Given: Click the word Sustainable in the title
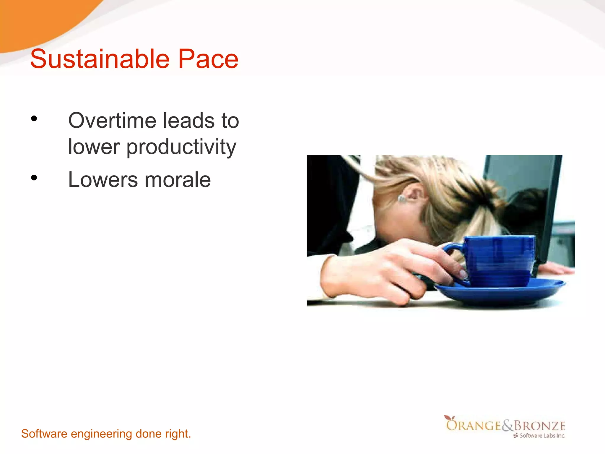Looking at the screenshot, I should (x=100, y=59).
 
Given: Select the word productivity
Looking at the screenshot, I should (x=181, y=147).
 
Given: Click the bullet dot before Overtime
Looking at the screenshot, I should (x=34, y=119).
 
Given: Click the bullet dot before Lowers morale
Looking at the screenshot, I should (x=34, y=178).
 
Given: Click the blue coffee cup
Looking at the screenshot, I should (x=502, y=260).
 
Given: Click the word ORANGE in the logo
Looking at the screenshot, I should (x=473, y=426).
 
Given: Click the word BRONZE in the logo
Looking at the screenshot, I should (x=539, y=426).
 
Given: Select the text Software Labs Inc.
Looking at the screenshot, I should (x=542, y=435).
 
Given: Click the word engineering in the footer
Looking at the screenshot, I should (x=101, y=434).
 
